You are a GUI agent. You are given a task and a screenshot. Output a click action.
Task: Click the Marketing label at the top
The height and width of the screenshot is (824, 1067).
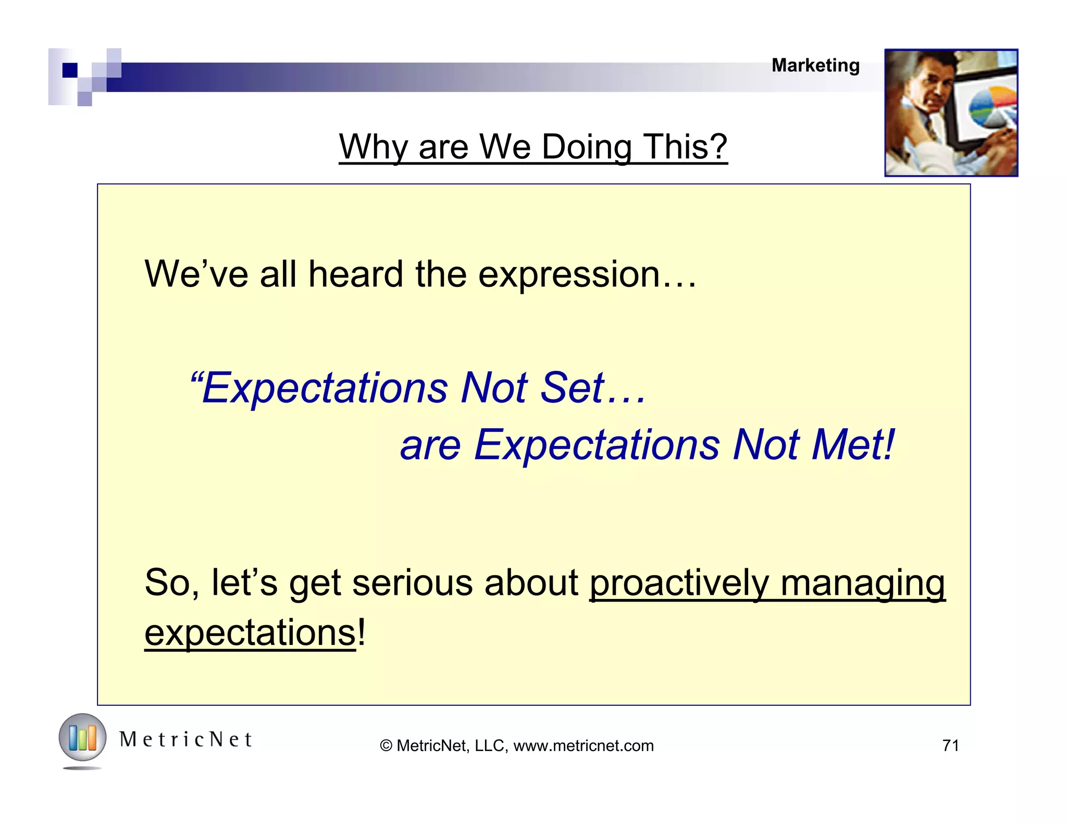[815, 66]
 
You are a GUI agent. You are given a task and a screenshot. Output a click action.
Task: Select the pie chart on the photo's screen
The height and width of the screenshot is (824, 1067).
[992, 108]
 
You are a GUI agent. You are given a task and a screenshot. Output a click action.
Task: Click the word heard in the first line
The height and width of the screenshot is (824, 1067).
[355, 274]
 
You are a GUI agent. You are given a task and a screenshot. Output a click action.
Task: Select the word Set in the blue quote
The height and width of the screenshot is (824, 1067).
[572, 388]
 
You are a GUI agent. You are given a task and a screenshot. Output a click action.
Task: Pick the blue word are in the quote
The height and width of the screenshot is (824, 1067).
[430, 446]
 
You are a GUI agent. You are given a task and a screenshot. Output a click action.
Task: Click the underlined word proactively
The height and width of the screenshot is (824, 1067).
[679, 583]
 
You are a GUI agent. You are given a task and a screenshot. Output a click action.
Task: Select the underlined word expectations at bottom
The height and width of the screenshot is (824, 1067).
[250, 633]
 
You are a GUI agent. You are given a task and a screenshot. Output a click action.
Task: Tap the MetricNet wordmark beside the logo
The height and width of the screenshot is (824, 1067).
[185, 740]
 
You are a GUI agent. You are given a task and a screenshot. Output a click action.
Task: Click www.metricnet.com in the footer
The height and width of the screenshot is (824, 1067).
[583, 746]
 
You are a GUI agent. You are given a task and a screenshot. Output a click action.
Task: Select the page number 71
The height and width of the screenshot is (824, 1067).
[951, 746]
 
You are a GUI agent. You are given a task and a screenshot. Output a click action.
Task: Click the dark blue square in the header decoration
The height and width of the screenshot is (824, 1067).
[70, 70]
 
